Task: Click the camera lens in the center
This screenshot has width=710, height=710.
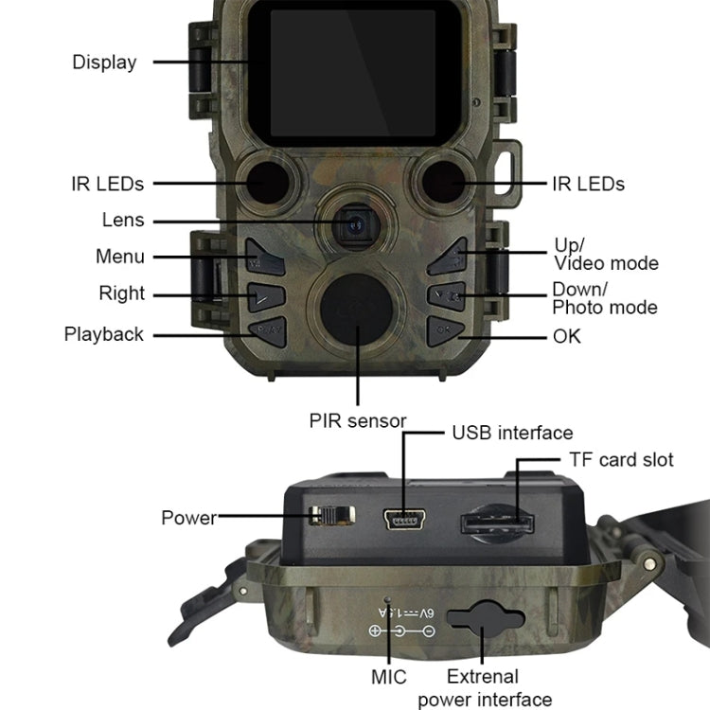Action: [356, 225]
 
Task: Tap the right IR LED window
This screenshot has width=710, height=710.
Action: [444, 182]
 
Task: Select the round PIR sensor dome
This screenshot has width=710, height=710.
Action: [356, 310]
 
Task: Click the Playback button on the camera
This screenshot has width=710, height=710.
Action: [268, 332]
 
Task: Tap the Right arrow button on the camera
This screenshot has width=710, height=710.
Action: [266, 296]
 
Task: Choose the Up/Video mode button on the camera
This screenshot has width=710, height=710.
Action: [448, 257]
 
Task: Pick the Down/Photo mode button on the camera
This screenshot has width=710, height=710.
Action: [448, 296]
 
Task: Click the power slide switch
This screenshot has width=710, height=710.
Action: [332, 516]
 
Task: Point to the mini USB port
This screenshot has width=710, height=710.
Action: [404, 519]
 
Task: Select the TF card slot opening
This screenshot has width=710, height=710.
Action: [497, 524]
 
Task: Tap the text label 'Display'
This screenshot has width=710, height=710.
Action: [104, 62]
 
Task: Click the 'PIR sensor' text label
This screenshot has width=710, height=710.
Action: [358, 421]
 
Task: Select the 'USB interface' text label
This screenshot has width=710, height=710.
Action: [512, 433]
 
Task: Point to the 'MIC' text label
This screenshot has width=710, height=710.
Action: [388, 678]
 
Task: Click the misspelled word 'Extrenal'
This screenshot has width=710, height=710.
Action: [483, 677]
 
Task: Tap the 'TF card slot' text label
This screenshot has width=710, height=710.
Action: [621, 460]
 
